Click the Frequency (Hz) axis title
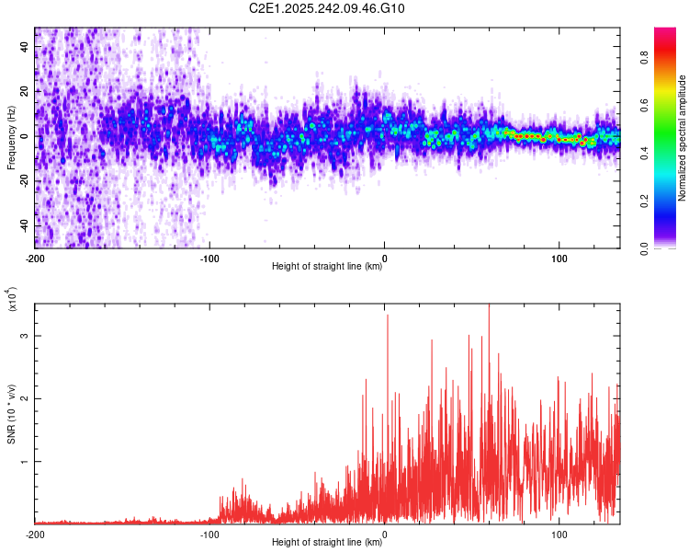click(x=11, y=138)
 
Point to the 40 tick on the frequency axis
click(x=24, y=47)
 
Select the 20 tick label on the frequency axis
click(x=24, y=91)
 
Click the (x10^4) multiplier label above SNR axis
click(x=13, y=300)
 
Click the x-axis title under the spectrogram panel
click(x=328, y=267)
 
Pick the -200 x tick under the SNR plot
click(x=35, y=534)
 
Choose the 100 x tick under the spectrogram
click(x=559, y=259)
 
